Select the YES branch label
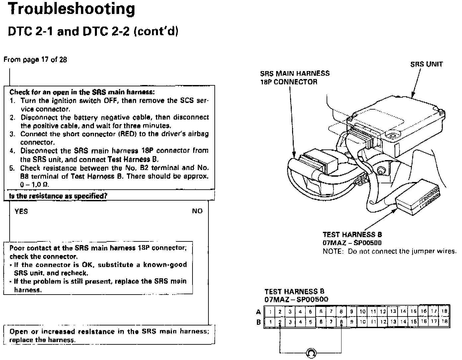pos(21,211)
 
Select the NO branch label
pos(197,211)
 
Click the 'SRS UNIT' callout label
pos(426,64)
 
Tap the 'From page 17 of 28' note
pos(35,60)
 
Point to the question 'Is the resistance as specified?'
pos(58,196)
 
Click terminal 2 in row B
pos(280,322)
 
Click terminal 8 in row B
pos(341,322)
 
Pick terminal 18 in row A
pos(445,312)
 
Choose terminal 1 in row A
pos(271,312)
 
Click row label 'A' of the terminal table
pos(259,312)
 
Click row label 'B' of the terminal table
pos(259,322)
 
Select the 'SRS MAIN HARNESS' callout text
pos(295,74)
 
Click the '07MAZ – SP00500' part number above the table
pos(296,299)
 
